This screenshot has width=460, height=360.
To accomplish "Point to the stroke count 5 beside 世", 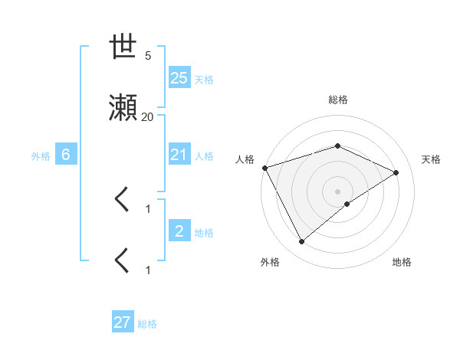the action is tap(148, 56).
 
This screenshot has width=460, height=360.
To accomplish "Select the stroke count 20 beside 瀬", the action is tap(147, 117).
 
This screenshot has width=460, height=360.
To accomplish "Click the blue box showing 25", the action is tap(179, 77).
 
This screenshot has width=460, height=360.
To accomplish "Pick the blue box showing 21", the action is tap(179, 155).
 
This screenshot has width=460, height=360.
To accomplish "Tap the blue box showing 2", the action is tap(179, 231).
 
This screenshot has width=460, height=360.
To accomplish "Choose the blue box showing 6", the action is tap(66, 155).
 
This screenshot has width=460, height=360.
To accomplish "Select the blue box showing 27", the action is tap(123, 322).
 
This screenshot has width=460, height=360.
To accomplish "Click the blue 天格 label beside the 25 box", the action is tap(204, 79).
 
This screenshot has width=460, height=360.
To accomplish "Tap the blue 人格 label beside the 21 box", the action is tap(204, 156).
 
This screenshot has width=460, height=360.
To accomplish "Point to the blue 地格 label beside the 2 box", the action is tap(204, 233).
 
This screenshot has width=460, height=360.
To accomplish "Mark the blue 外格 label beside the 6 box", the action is tap(41, 156).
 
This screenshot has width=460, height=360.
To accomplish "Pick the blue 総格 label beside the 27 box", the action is tap(147, 324).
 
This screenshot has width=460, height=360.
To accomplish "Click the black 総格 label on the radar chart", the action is tap(338, 100).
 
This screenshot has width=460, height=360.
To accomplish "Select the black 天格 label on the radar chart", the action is tap(432, 159).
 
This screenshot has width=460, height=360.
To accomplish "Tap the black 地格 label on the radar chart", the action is tap(402, 263).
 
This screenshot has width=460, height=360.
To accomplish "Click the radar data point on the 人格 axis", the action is tap(264, 168).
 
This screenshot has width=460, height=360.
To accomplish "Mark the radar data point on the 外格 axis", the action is tap(301, 242).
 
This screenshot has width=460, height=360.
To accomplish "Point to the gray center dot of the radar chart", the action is tap(337, 191).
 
